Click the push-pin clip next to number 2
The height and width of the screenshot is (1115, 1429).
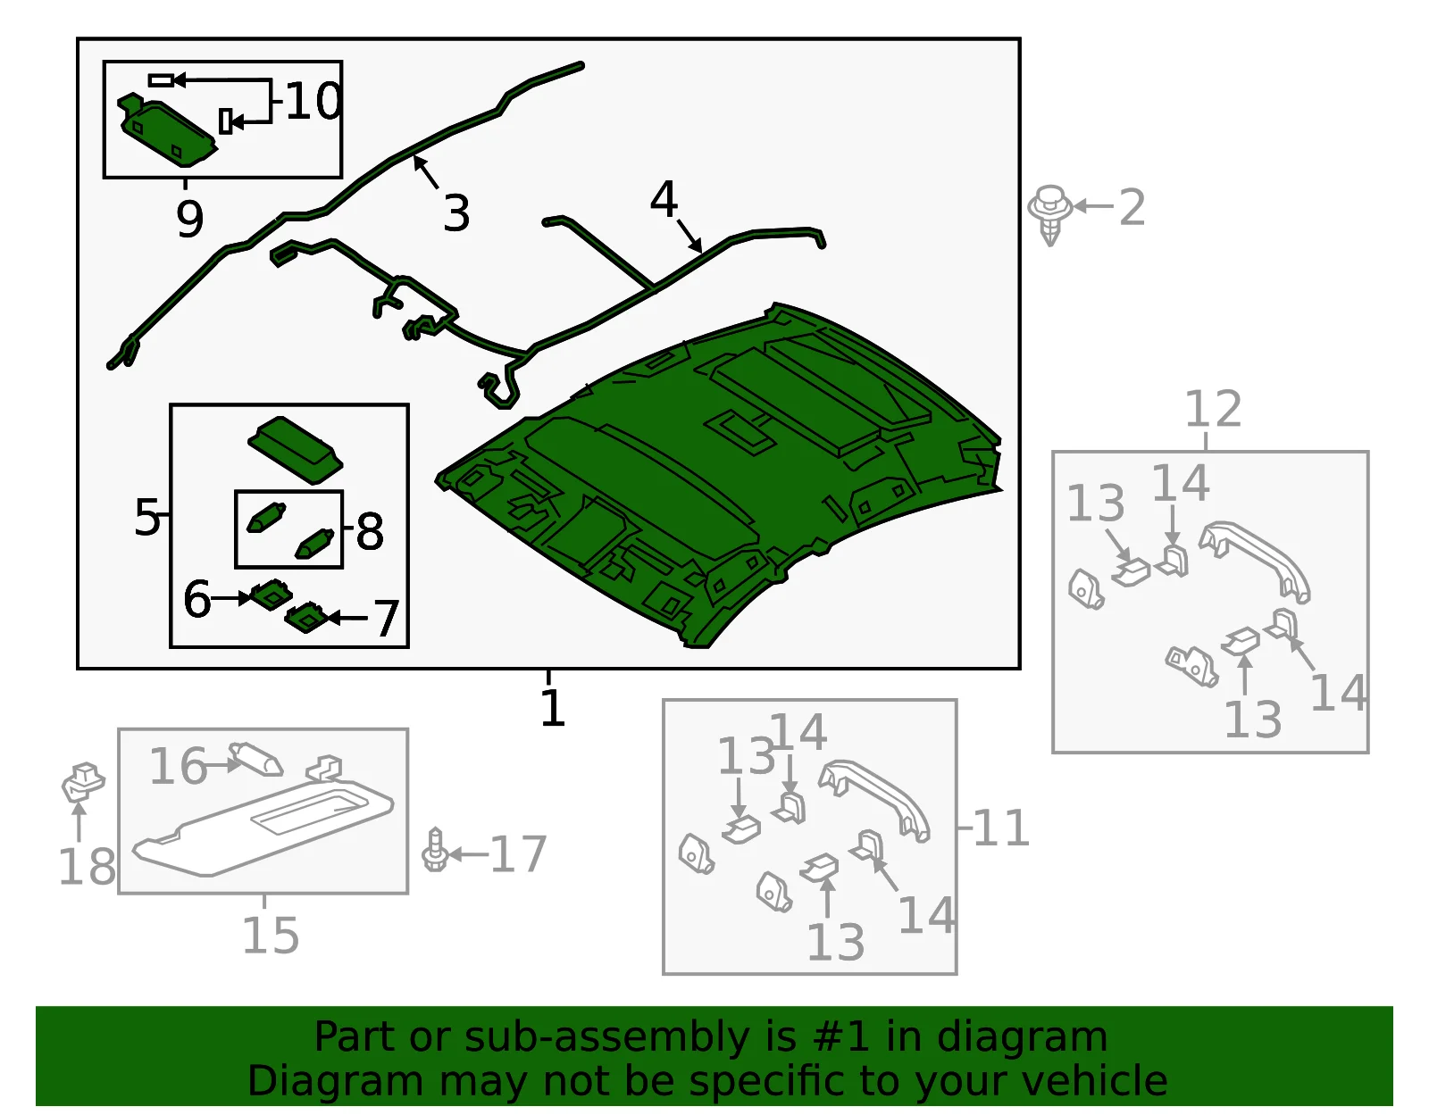[x=1050, y=215]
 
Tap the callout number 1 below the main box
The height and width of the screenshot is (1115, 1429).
[x=552, y=708]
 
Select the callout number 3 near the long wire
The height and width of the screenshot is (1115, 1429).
[x=456, y=213]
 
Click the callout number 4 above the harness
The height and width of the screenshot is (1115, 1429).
[x=664, y=199]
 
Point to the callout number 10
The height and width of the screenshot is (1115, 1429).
[x=313, y=101]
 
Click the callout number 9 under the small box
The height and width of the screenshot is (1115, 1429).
[x=190, y=219]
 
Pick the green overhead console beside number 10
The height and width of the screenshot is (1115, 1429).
[x=167, y=130]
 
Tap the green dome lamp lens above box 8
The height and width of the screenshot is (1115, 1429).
[x=296, y=450]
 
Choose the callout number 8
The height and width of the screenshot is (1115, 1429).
[x=370, y=531]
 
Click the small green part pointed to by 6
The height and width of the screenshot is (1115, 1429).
[x=271, y=594]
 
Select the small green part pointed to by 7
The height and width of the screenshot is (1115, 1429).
[x=307, y=617]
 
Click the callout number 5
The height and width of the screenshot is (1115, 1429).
[x=146, y=517]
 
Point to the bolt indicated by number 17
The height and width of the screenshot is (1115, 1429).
[x=435, y=850]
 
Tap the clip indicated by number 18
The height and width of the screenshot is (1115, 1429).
[x=83, y=783]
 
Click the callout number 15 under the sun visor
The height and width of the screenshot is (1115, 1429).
[x=271, y=936]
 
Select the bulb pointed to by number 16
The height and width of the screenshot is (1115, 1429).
[x=255, y=760]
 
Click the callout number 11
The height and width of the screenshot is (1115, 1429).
[x=1000, y=828]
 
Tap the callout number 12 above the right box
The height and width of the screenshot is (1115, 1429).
[x=1213, y=410]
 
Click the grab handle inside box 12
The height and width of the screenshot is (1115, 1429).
[x=1254, y=561]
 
